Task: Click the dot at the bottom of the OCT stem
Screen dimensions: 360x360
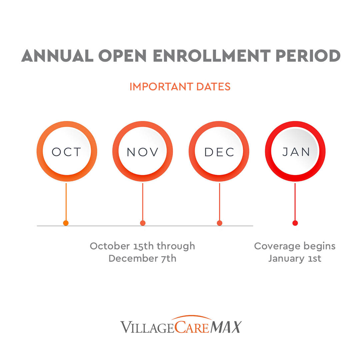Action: coord(66,223)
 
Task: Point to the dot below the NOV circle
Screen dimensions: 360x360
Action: coord(143,223)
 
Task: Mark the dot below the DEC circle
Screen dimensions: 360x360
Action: coord(219,223)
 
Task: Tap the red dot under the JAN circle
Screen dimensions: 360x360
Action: coord(295,223)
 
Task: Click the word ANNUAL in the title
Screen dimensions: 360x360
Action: coord(57,56)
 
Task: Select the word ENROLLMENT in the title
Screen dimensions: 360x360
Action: coord(211,56)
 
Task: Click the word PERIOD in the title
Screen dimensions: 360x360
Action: coord(308,56)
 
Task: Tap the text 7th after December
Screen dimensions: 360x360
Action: coord(169,259)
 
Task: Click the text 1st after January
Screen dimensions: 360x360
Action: coord(314,259)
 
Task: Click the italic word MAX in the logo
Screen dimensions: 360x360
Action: coord(226,327)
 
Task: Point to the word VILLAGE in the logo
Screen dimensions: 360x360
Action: coord(147,327)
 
